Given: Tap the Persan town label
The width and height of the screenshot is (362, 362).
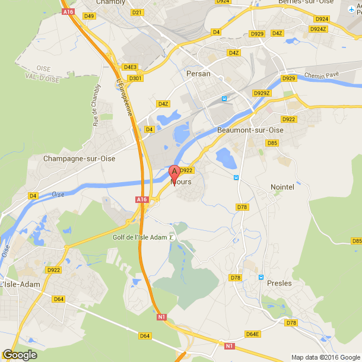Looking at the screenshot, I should (x=198, y=74).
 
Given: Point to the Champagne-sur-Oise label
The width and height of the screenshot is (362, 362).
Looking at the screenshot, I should (x=79, y=158).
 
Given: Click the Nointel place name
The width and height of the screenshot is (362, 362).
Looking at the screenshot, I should (x=282, y=187).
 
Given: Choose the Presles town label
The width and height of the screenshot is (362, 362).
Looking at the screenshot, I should (x=279, y=283).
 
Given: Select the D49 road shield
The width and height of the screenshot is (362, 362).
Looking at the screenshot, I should (x=89, y=16).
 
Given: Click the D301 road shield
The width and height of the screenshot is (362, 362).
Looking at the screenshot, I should (x=135, y=78).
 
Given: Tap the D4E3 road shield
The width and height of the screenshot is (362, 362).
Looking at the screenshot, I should (x=130, y=67).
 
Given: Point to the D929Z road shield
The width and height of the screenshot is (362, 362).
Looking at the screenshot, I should (x=262, y=93).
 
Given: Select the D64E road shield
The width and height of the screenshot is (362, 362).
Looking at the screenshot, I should (x=253, y=334).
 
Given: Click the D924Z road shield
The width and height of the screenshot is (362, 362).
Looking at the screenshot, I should (x=318, y=28).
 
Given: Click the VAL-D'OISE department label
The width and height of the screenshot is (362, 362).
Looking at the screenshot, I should (x=42, y=77).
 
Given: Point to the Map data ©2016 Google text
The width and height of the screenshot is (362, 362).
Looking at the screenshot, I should (x=325, y=357).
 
